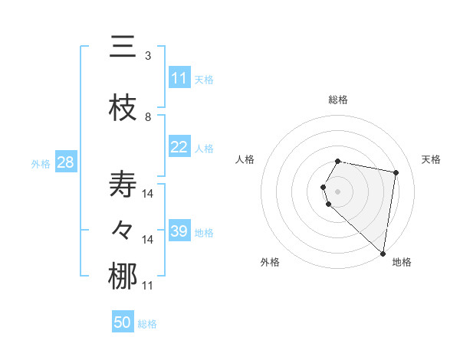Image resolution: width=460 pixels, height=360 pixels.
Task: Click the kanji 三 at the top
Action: (x=123, y=47)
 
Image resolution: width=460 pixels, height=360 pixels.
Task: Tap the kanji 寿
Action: (x=123, y=185)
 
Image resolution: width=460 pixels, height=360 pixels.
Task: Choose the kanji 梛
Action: (x=123, y=277)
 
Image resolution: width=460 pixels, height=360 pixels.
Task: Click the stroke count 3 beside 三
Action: (x=148, y=56)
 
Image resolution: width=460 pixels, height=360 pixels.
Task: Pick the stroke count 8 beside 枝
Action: (x=148, y=117)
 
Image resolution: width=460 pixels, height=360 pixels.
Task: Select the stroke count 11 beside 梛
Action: (x=148, y=286)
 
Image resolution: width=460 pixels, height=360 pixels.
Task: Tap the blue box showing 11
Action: (x=179, y=78)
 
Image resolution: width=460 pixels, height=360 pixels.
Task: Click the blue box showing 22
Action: (x=179, y=147)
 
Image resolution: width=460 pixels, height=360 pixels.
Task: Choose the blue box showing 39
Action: (x=179, y=231)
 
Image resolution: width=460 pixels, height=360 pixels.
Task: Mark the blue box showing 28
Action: (x=65, y=162)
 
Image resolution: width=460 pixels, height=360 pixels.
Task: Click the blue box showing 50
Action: (x=123, y=322)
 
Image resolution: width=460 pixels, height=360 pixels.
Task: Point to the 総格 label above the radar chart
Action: (x=338, y=100)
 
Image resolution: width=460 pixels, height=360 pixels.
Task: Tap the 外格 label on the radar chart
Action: (x=270, y=262)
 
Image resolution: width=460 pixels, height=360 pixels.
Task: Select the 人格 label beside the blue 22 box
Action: (x=203, y=148)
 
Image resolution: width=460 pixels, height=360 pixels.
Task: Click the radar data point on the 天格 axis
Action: (x=396, y=172)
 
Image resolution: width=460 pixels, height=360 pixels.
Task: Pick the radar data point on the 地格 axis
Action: (x=383, y=253)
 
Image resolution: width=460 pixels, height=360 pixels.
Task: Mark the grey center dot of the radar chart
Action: (x=338, y=191)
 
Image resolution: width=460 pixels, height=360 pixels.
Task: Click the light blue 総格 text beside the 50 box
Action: (x=147, y=324)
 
